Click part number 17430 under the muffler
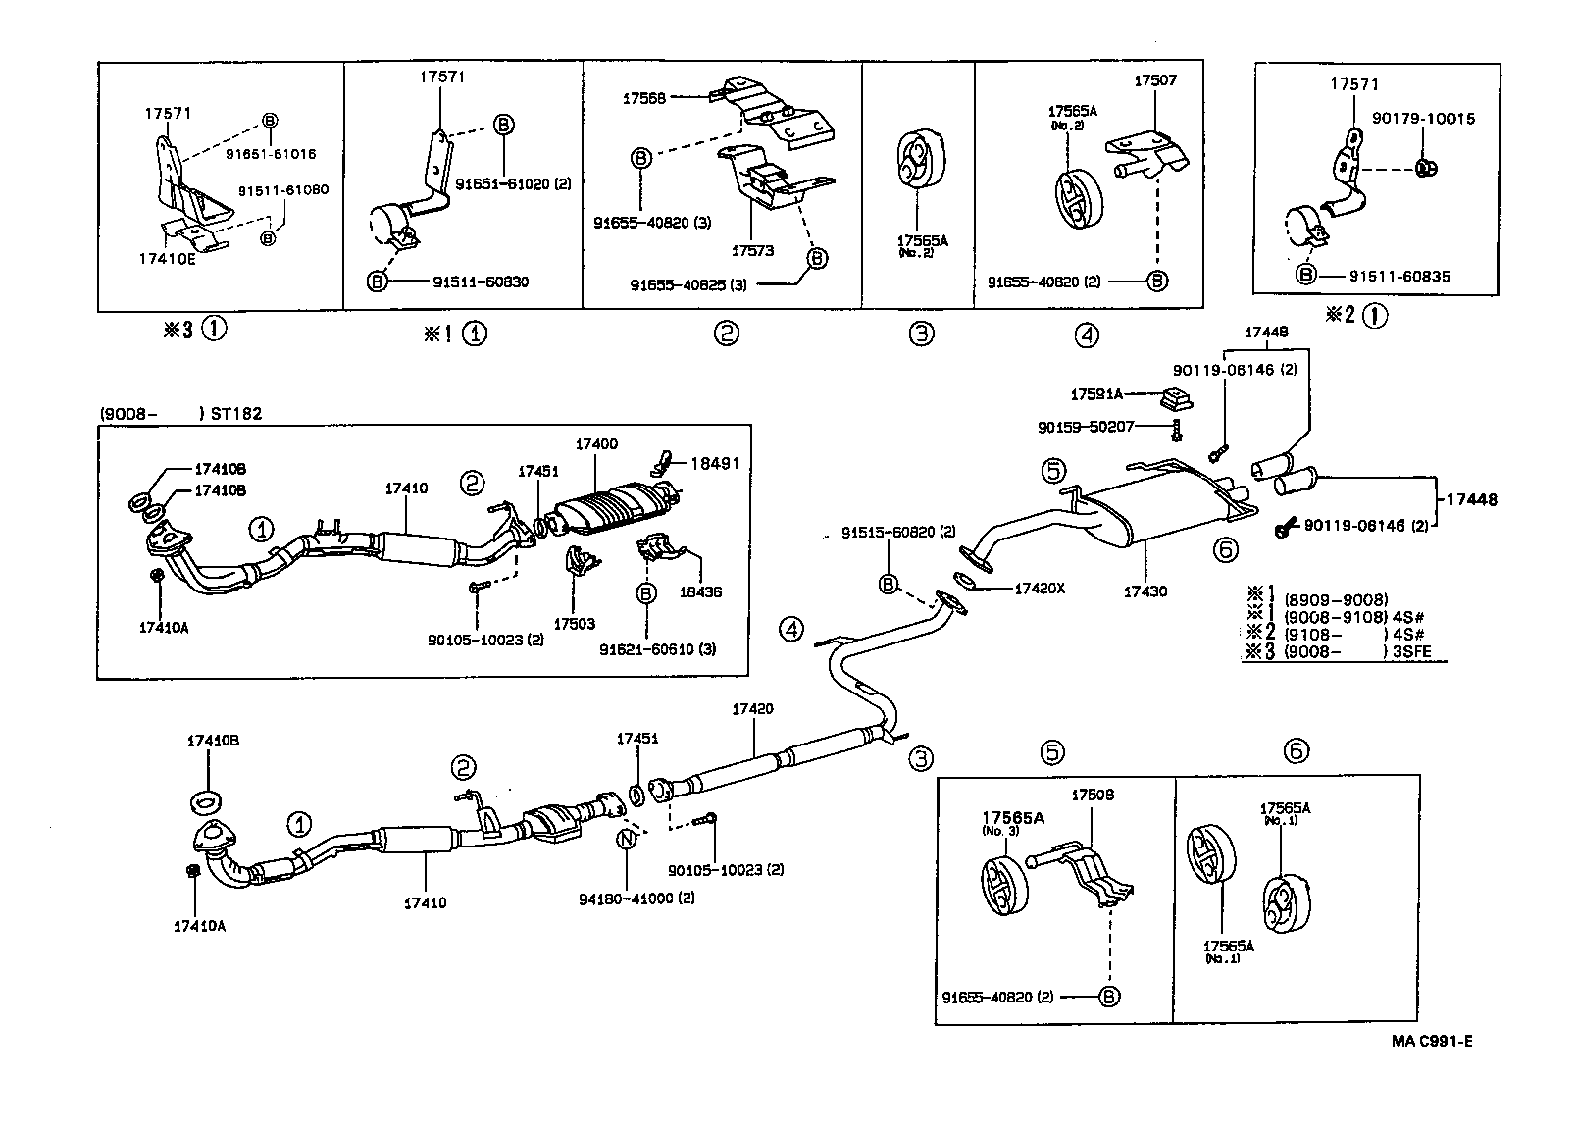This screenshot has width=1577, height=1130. point(1146,591)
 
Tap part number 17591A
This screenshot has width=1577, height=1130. point(1096,394)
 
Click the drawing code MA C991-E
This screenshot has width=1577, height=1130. point(1431,1041)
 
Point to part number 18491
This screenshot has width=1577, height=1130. point(715,464)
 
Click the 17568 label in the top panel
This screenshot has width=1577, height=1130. point(643,98)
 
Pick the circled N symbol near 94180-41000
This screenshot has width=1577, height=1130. point(625,839)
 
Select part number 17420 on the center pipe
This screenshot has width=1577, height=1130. point(752,708)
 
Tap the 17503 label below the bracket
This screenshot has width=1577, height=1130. point(576,623)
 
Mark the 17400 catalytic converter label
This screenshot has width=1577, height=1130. point(596,444)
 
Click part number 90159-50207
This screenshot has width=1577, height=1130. point(1086,427)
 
